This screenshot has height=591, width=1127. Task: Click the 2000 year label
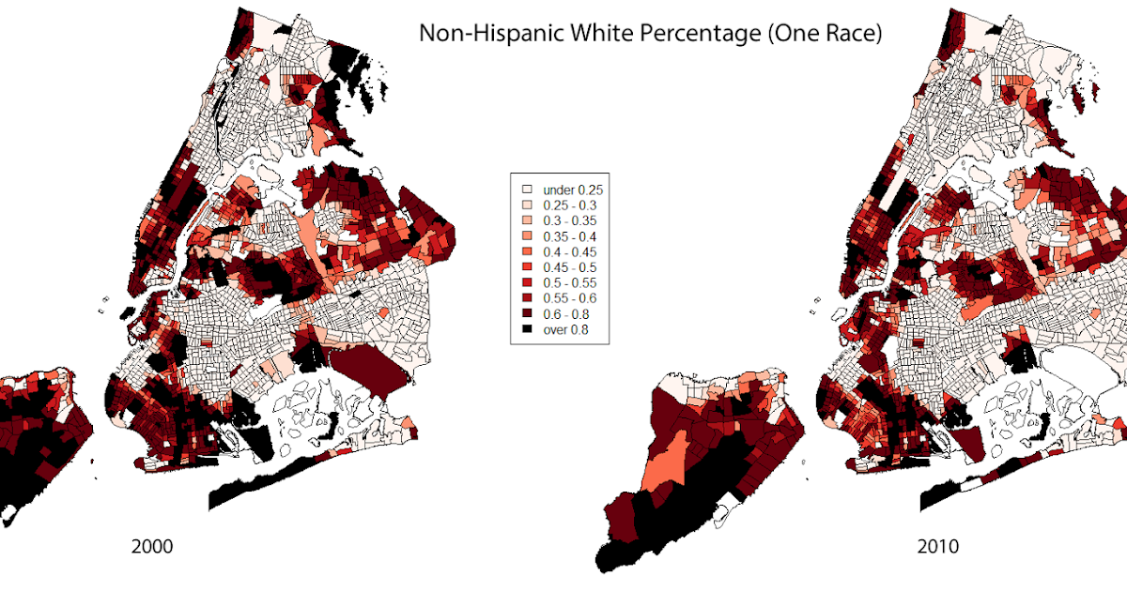coord(151,546)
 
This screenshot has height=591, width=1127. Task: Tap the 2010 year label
coord(938,546)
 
